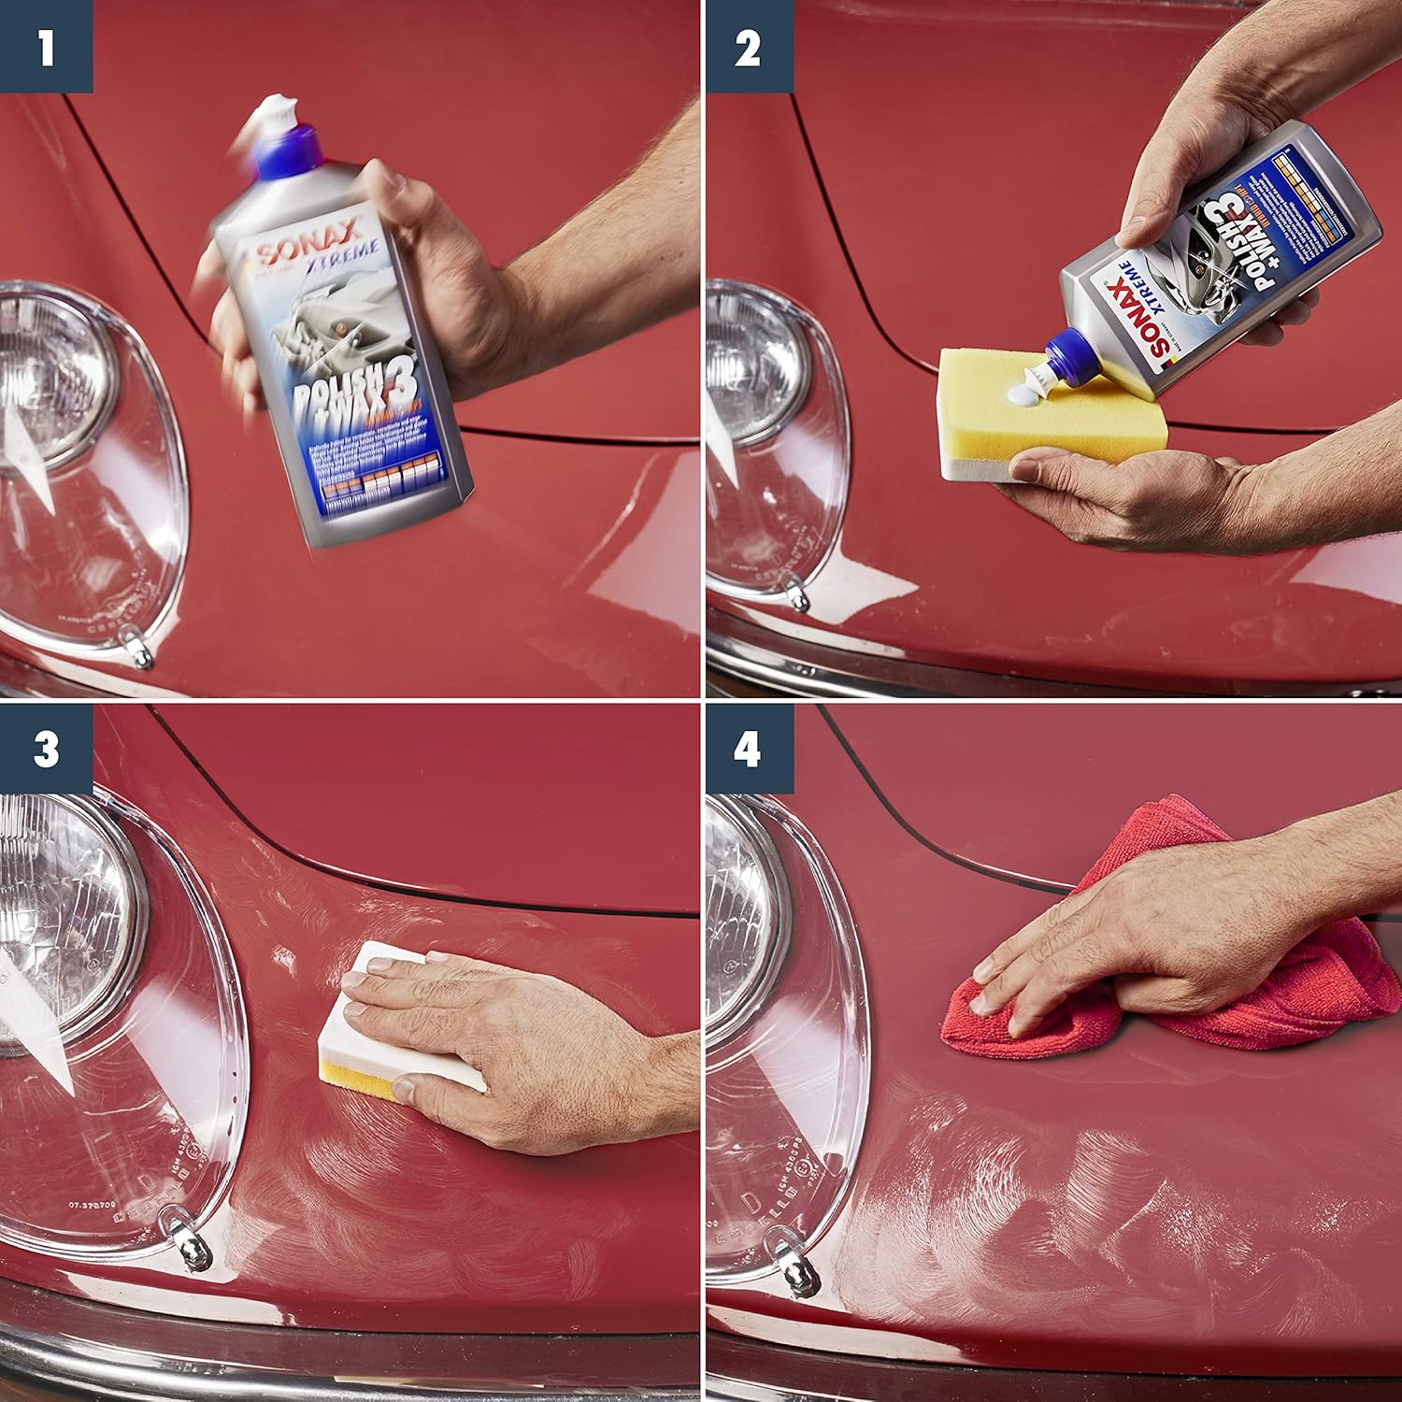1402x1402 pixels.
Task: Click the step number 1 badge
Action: click(46, 46)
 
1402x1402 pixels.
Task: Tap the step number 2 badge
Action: click(747, 46)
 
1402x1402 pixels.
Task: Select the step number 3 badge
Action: click(46, 750)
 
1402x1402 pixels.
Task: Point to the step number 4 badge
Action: click(749, 750)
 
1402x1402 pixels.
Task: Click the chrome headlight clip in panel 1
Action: click(140, 649)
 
